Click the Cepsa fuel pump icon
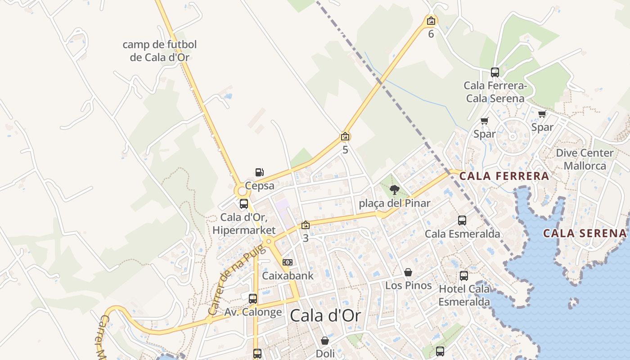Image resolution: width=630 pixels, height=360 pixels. pyautogui.click(x=259, y=172)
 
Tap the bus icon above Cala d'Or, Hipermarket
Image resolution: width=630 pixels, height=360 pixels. pyautogui.click(x=244, y=204)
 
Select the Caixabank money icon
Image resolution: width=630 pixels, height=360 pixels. pyautogui.click(x=288, y=262)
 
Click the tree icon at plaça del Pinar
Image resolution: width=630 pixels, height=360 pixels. pyautogui.click(x=395, y=190)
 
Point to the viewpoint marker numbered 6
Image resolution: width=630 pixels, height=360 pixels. pyautogui.click(x=431, y=21)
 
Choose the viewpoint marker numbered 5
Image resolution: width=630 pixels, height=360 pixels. pyautogui.click(x=345, y=136)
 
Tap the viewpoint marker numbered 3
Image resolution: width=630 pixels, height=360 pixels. pyautogui.click(x=306, y=225)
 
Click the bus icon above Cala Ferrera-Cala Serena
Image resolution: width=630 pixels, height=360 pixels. pyautogui.click(x=495, y=72)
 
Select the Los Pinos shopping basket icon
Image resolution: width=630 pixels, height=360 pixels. pyautogui.click(x=408, y=272)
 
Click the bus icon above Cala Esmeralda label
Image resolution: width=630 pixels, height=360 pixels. pyautogui.click(x=462, y=220)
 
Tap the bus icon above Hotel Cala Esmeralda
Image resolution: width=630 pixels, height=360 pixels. pyautogui.click(x=464, y=276)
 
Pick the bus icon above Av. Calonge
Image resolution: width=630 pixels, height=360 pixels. pyautogui.click(x=253, y=298)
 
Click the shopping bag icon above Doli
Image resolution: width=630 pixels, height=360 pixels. pyautogui.click(x=325, y=341)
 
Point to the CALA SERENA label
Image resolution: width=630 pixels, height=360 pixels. pyautogui.click(x=585, y=233)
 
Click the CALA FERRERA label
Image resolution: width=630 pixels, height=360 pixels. pyautogui.click(x=504, y=176)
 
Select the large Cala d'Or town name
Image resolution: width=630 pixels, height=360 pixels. pyautogui.click(x=325, y=316)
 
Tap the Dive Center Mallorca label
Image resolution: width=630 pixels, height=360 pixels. pyautogui.click(x=585, y=159)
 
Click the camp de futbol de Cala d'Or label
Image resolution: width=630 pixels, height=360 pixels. pyautogui.click(x=160, y=51)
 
